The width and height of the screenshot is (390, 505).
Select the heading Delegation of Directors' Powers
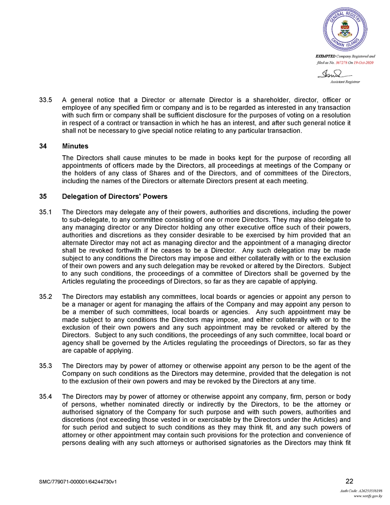[115, 196]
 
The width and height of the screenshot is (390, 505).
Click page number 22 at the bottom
[349, 481]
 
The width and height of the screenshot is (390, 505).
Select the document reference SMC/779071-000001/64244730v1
[81, 482]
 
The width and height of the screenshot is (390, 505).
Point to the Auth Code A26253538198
[361, 491]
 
